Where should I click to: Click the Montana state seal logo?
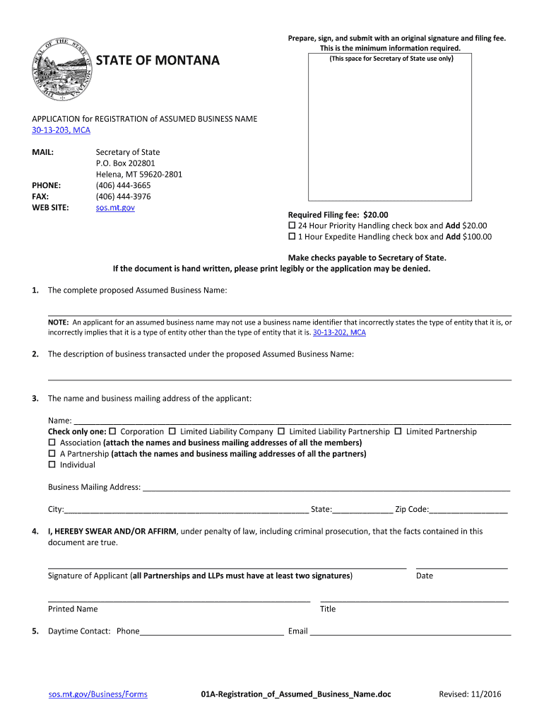click(63, 68)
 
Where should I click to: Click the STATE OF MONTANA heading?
click(158, 61)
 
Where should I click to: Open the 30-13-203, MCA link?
click(61, 130)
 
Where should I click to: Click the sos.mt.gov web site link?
click(115, 207)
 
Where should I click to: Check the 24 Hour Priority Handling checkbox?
click(292, 226)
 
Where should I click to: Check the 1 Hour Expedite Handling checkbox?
click(292, 238)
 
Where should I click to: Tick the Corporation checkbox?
click(112, 432)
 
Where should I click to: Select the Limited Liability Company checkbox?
click(172, 432)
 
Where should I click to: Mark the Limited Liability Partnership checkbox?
click(281, 432)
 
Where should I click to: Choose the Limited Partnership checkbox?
click(398, 432)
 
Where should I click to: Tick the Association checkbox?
click(52, 443)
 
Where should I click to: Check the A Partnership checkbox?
click(52, 454)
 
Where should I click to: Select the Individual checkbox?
click(52, 465)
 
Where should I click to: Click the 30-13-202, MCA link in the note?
click(339, 332)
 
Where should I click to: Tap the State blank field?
click(362, 509)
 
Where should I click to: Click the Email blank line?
click(410, 631)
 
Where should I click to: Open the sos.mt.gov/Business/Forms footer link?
click(97, 694)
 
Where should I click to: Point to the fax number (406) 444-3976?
click(123, 197)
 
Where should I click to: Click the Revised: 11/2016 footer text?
click(470, 694)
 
